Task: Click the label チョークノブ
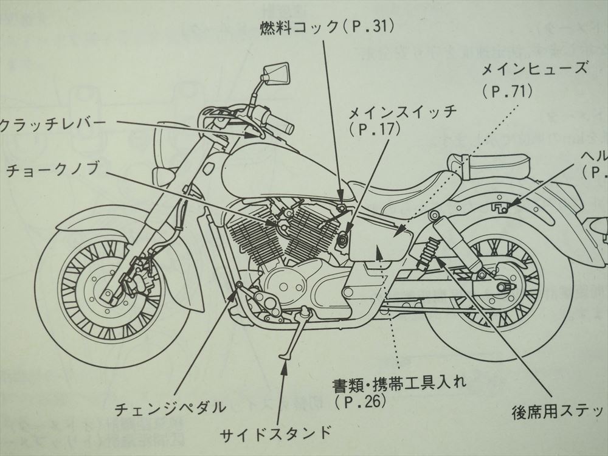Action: pos(52,171)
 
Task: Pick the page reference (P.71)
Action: pos(507,92)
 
